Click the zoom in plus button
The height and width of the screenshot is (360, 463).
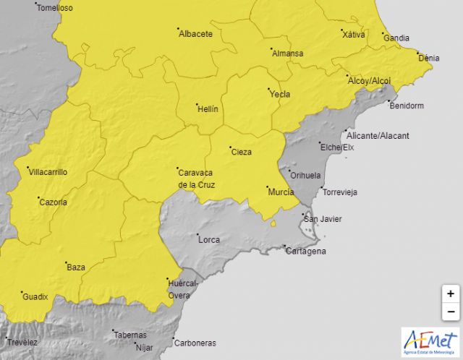point(450,293)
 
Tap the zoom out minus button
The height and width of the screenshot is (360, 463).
point(450,312)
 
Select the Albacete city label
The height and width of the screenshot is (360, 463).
point(195,34)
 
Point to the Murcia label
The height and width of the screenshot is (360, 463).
point(280,192)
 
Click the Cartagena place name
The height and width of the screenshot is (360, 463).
point(305,252)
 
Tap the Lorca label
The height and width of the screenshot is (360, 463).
point(208,239)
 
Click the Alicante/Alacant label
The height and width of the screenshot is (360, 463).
point(378,136)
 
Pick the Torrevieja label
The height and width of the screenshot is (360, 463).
point(339,192)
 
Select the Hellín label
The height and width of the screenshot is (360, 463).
point(208,108)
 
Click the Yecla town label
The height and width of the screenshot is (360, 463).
point(279,94)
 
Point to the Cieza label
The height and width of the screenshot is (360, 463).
point(241,152)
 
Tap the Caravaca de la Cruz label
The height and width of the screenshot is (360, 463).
point(196,179)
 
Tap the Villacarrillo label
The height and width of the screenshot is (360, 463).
point(47,172)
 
